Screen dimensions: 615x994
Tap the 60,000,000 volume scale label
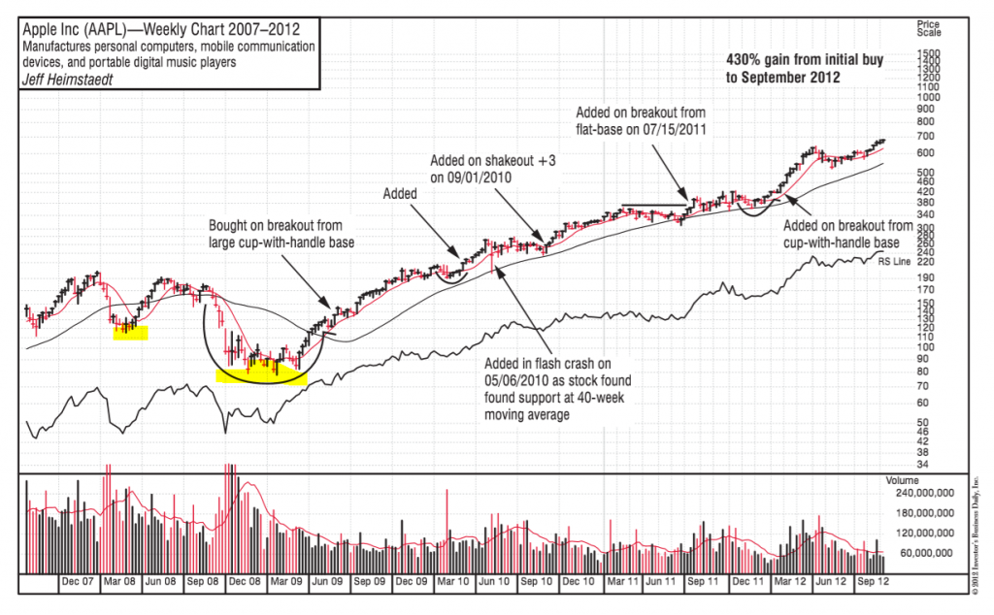(x=930, y=553)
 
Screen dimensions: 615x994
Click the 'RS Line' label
(x=894, y=261)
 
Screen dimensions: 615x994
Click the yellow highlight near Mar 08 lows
(x=130, y=333)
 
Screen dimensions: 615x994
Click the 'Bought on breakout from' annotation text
(x=275, y=226)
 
